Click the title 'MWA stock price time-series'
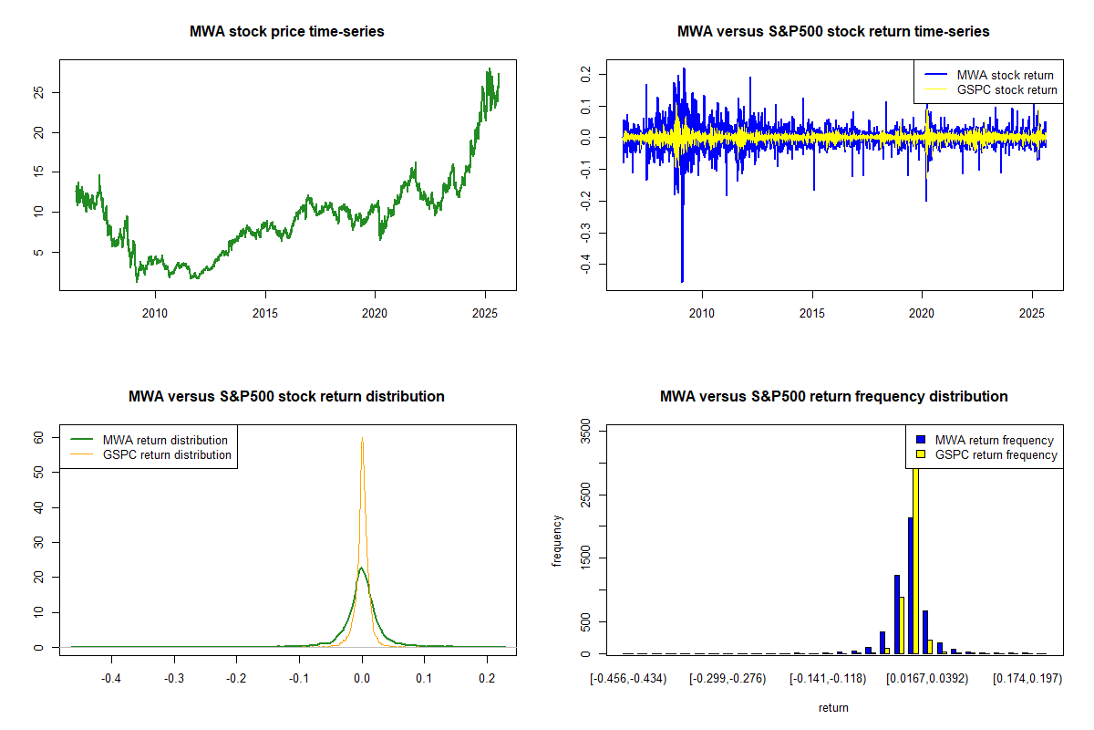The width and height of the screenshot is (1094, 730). pyautogui.click(x=287, y=32)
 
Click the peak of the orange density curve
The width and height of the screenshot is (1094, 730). pyautogui.click(x=362, y=439)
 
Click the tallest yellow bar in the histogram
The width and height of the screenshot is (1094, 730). pyautogui.click(x=915, y=557)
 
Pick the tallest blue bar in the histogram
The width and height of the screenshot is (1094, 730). pyautogui.click(x=910, y=584)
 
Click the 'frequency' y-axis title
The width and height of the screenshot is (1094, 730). pyautogui.click(x=558, y=541)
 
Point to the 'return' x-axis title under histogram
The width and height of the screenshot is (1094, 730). pyautogui.click(x=833, y=707)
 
